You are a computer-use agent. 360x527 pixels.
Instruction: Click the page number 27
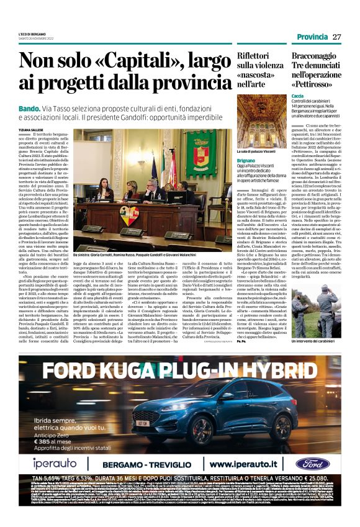(336, 37)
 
